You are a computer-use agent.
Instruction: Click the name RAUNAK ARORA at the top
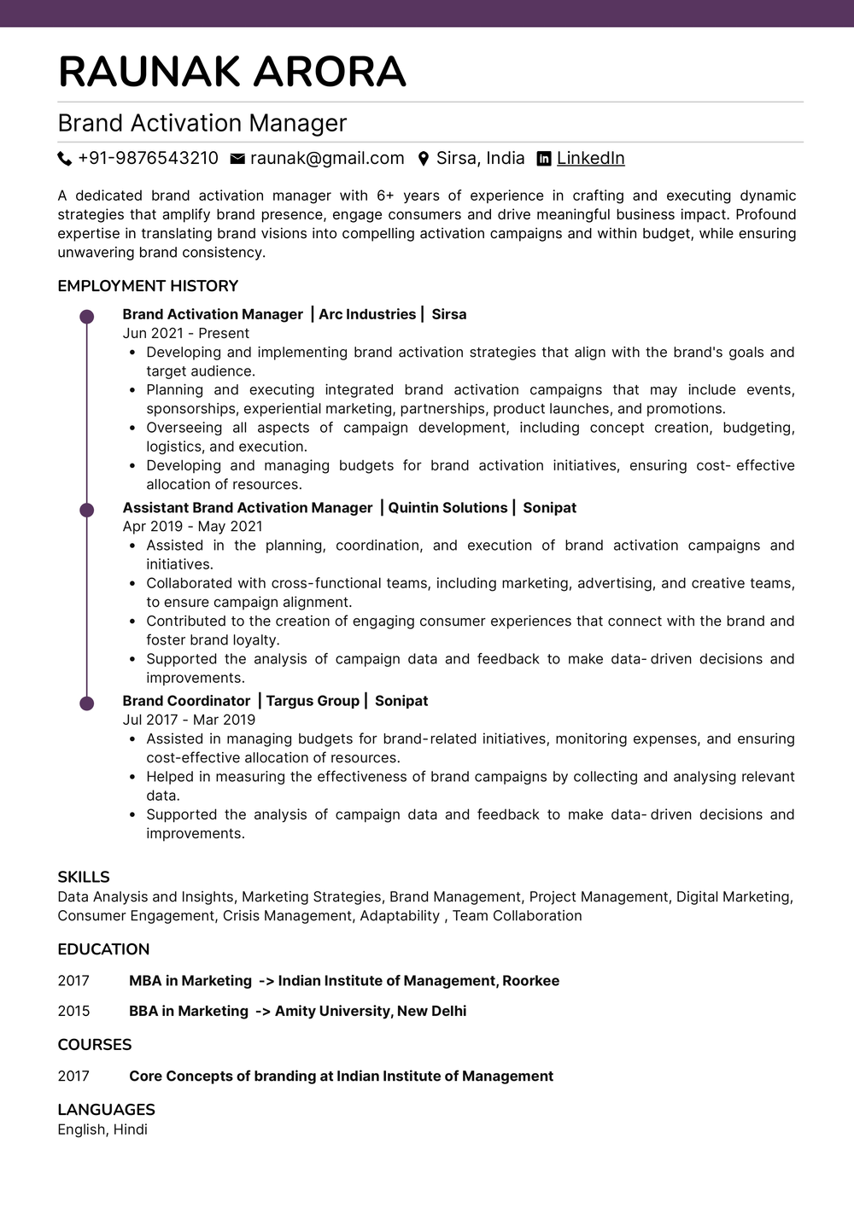(x=231, y=72)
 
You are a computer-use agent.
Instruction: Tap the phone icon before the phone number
(x=65, y=159)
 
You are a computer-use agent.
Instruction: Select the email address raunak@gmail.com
(x=327, y=159)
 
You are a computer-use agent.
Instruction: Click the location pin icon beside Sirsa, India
(x=423, y=159)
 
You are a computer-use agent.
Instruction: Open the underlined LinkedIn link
(x=590, y=159)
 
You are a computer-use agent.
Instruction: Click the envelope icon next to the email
(x=237, y=159)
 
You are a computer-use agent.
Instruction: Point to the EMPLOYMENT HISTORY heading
(x=148, y=286)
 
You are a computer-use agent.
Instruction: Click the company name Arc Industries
(x=367, y=314)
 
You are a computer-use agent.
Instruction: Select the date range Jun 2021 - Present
(x=185, y=334)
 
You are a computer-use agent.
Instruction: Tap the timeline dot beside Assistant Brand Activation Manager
(x=86, y=511)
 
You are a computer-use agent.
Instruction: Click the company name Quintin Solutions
(x=447, y=508)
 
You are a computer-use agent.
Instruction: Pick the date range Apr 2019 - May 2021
(x=192, y=527)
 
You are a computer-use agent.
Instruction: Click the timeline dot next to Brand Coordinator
(x=86, y=703)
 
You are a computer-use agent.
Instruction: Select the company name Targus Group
(x=313, y=701)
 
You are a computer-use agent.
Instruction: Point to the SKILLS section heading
(x=84, y=877)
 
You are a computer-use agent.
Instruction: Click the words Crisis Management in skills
(x=287, y=916)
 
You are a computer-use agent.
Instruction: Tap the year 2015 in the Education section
(x=73, y=1011)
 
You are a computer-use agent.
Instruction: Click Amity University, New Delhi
(x=371, y=1011)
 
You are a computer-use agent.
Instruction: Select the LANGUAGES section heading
(x=106, y=1110)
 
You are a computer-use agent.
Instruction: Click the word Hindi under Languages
(x=131, y=1129)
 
